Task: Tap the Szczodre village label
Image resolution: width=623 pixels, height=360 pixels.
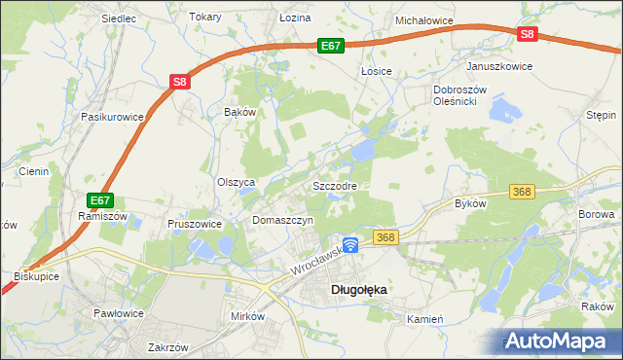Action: click(334, 185)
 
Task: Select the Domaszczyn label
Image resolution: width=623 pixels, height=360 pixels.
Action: click(282, 221)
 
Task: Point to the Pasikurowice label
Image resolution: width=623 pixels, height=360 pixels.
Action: click(113, 117)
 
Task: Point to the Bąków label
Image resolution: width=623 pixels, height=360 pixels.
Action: click(239, 112)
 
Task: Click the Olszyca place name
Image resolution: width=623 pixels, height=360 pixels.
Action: click(236, 182)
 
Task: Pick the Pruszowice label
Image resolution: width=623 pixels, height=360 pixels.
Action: click(196, 223)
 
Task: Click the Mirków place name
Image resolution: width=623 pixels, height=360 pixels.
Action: click(247, 317)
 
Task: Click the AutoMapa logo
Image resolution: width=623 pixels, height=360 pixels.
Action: click(559, 341)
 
